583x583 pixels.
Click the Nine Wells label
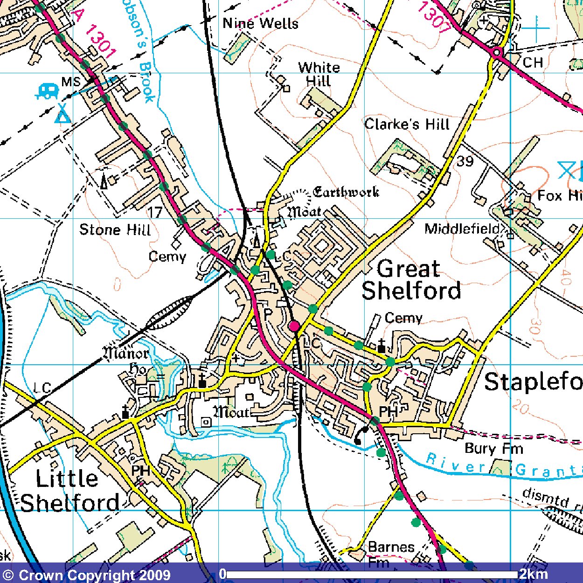click(260, 23)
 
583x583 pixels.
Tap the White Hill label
click(319, 74)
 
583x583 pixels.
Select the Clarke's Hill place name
click(407, 124)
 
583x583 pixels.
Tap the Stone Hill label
click(115, 229)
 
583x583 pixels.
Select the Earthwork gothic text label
click(346, 192)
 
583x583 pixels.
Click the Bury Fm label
click(494, 449)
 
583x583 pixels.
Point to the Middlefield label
click(462, 229)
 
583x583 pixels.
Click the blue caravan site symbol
click(47, 90)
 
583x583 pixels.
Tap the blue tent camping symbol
click(62, 114)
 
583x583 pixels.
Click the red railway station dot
click(294, 326)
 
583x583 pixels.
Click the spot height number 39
click(465, 161)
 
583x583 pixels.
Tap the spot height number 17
click(155, 213)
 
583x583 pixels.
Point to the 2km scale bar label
click(534, 574)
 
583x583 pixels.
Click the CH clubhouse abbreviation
click(533, 62)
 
